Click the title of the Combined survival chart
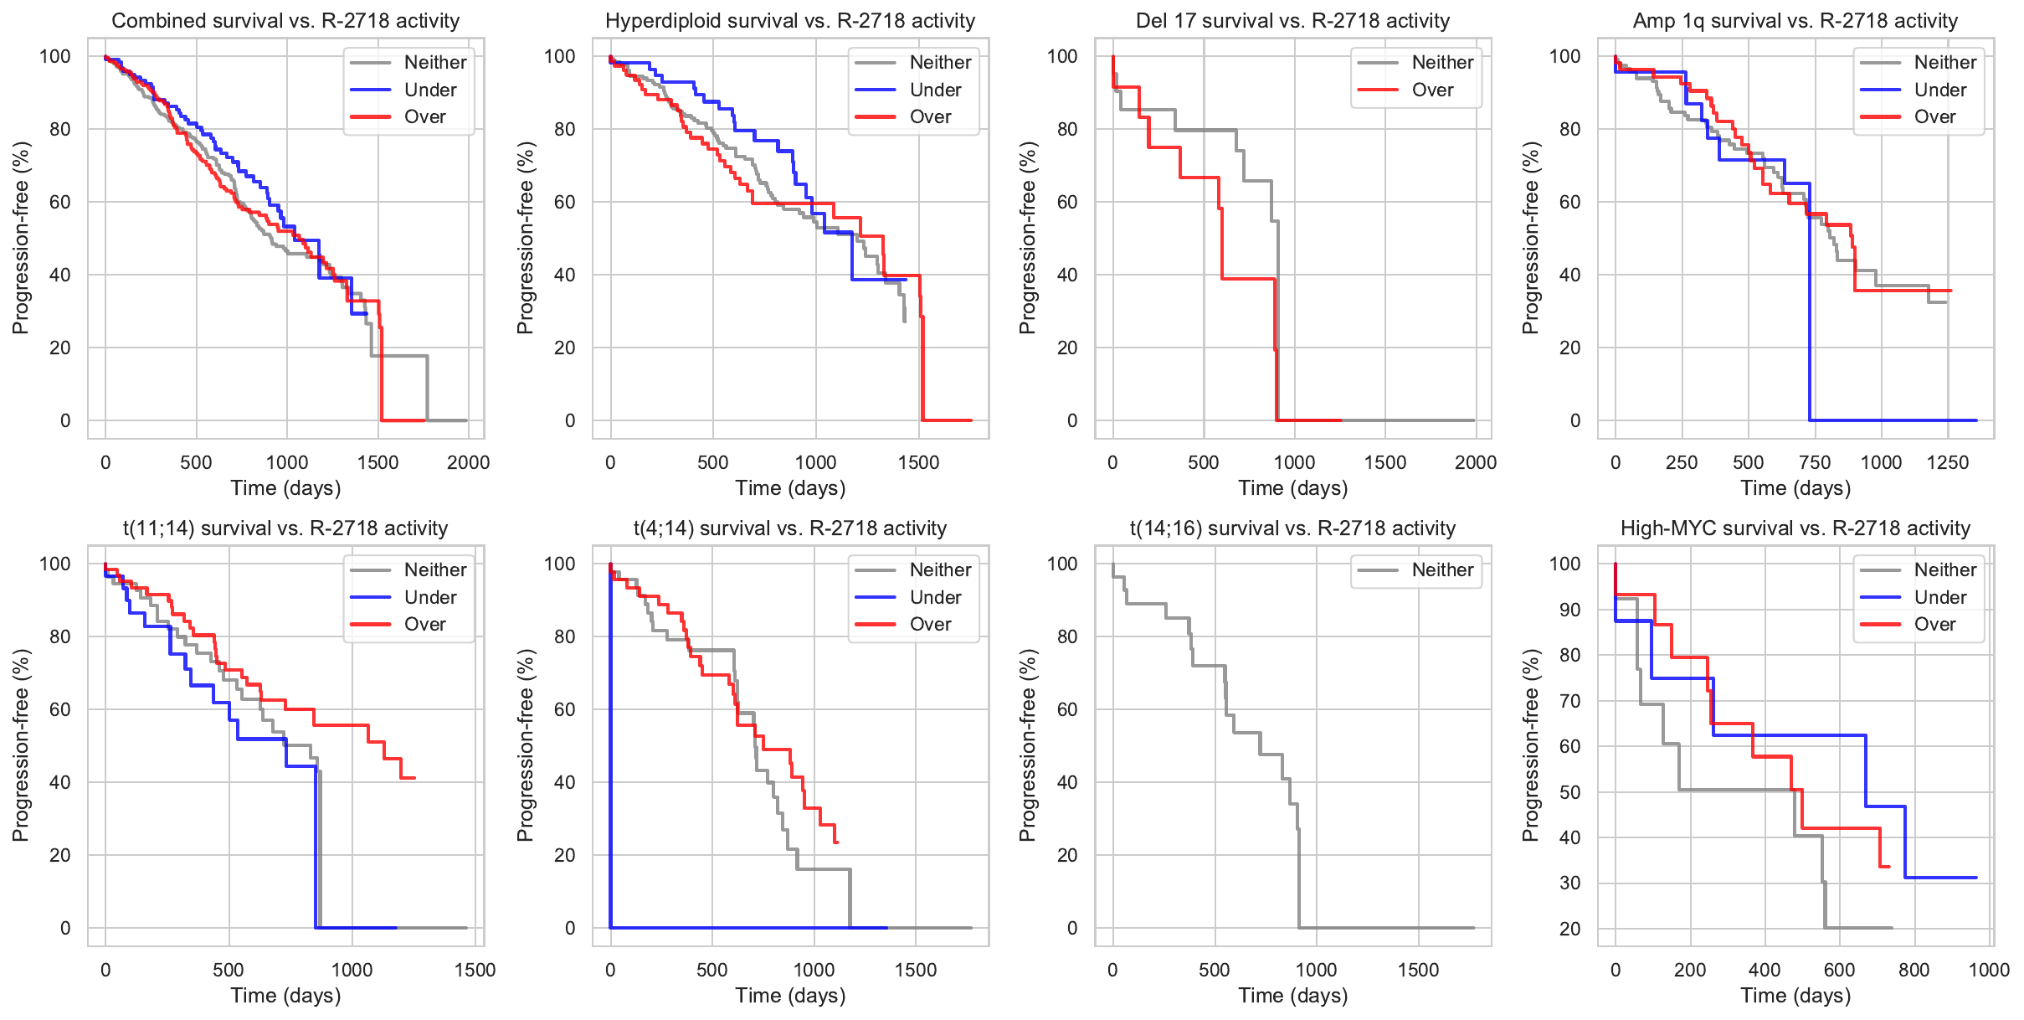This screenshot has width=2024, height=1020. click(285, 21)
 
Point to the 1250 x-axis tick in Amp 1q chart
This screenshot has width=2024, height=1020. click(1947, 462)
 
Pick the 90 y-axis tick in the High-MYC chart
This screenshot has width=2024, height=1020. click(1569, 610)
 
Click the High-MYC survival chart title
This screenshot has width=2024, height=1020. click(1795, 528)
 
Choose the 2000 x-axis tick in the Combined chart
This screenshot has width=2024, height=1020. click(468, 462)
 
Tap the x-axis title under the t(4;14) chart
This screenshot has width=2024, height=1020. click(790, 995)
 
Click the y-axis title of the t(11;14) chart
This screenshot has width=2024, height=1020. click(21, 745)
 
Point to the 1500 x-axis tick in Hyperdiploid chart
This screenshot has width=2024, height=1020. click(918, 462)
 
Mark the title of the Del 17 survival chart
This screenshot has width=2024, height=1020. click(1292, 21)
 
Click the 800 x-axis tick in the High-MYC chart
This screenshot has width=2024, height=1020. click(1914, 970)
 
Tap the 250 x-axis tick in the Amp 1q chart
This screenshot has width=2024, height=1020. click(1681, 462)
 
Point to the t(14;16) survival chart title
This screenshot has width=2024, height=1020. click(1292, 528)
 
